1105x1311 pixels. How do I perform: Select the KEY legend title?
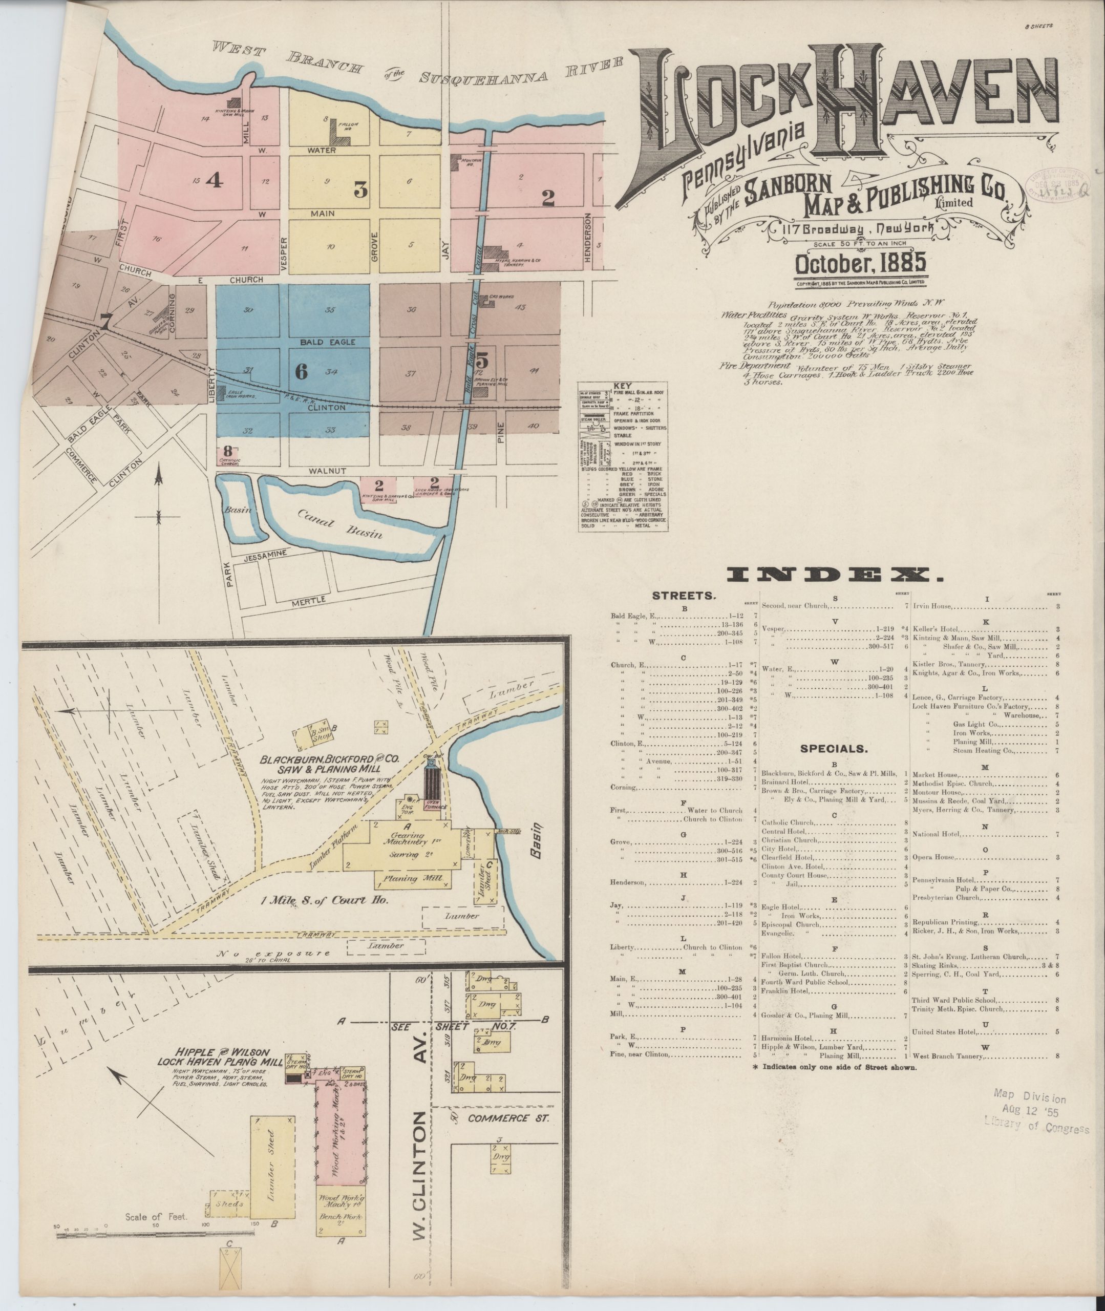click(x=623, y=385)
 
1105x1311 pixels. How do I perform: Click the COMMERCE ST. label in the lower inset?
click(x=508, y=1118)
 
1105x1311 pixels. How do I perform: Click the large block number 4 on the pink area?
click(x=214, y=180)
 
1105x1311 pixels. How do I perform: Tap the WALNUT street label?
click(x=327, y=470)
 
